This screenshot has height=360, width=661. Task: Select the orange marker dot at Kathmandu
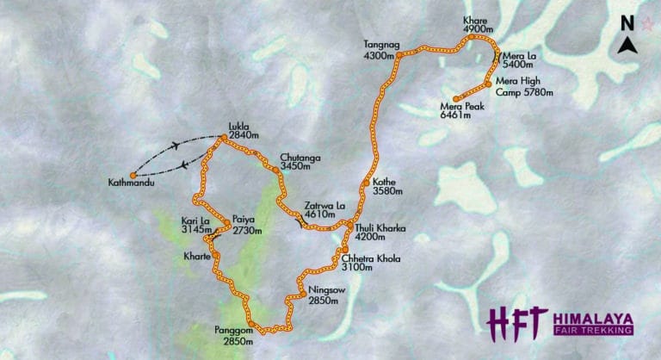133,175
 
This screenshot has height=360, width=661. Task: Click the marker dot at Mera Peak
454,97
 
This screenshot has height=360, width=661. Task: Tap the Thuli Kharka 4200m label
379,233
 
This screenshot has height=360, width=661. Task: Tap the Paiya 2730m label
246,227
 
